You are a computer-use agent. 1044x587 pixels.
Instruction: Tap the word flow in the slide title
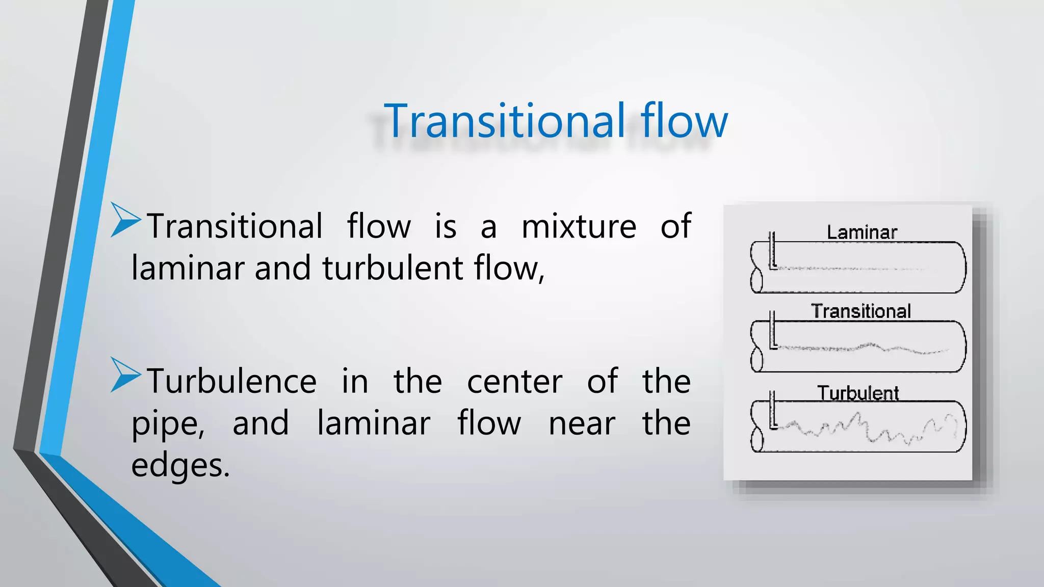pos(684,121)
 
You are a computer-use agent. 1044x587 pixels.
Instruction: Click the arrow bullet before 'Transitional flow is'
pos(125,220)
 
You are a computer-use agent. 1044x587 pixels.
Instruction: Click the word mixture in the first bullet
pos(579,226)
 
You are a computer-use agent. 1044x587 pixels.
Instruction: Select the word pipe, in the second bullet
pos(168,424)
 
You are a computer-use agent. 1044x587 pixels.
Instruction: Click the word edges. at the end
pos(180,465)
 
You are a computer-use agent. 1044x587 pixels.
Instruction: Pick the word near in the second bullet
pos(582,424)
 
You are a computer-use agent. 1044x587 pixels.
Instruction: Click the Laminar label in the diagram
pos(862,232)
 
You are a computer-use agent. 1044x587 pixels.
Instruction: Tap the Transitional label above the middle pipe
pos(860,311)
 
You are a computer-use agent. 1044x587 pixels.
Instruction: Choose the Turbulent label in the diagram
pos(858,393)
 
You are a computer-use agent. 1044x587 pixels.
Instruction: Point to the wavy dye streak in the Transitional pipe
pos(867,348)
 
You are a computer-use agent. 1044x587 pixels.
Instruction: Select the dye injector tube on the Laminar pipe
pos(772,250)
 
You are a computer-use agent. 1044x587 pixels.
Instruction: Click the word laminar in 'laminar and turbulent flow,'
pos(188,269)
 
